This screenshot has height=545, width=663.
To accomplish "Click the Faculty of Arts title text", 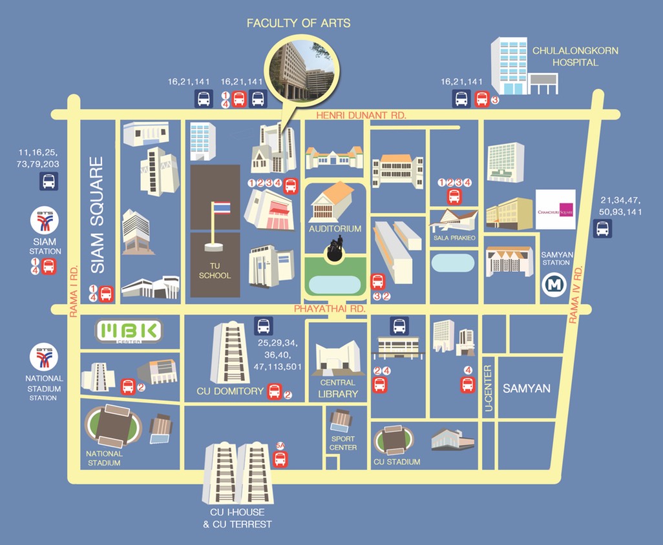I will point(299,23).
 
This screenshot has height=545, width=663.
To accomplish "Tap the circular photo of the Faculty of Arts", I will point(302,65).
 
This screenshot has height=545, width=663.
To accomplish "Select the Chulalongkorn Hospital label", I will point(565,56).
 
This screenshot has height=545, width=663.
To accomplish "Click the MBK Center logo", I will point(129,332).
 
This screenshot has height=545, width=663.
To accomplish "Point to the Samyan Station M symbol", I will point(553,285).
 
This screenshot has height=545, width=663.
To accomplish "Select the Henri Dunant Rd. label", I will point(361,115).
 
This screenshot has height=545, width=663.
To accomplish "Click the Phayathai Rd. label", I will point(330,309).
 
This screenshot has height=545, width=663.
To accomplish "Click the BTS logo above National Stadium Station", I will point(45,356).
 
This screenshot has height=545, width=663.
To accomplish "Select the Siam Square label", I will point(97,215).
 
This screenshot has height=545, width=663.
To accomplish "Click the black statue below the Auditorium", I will point(335,250).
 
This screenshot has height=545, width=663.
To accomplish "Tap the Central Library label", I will point(338,388).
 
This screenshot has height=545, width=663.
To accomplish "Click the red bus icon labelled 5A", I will point(280,458).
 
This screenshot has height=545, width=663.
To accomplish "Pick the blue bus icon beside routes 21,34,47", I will point(602,229).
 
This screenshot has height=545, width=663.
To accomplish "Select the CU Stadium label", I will point(397,462).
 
